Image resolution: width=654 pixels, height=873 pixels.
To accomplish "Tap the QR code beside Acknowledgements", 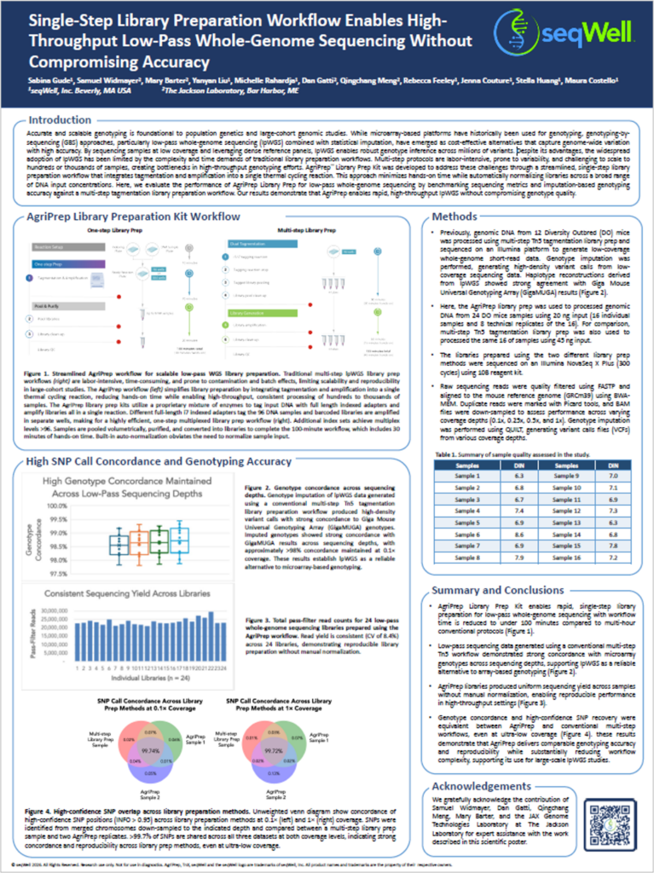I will (611, 819).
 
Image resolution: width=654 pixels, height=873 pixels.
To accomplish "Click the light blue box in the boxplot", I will (180, 540).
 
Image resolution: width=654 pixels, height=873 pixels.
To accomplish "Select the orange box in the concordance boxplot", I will (139, 541).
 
